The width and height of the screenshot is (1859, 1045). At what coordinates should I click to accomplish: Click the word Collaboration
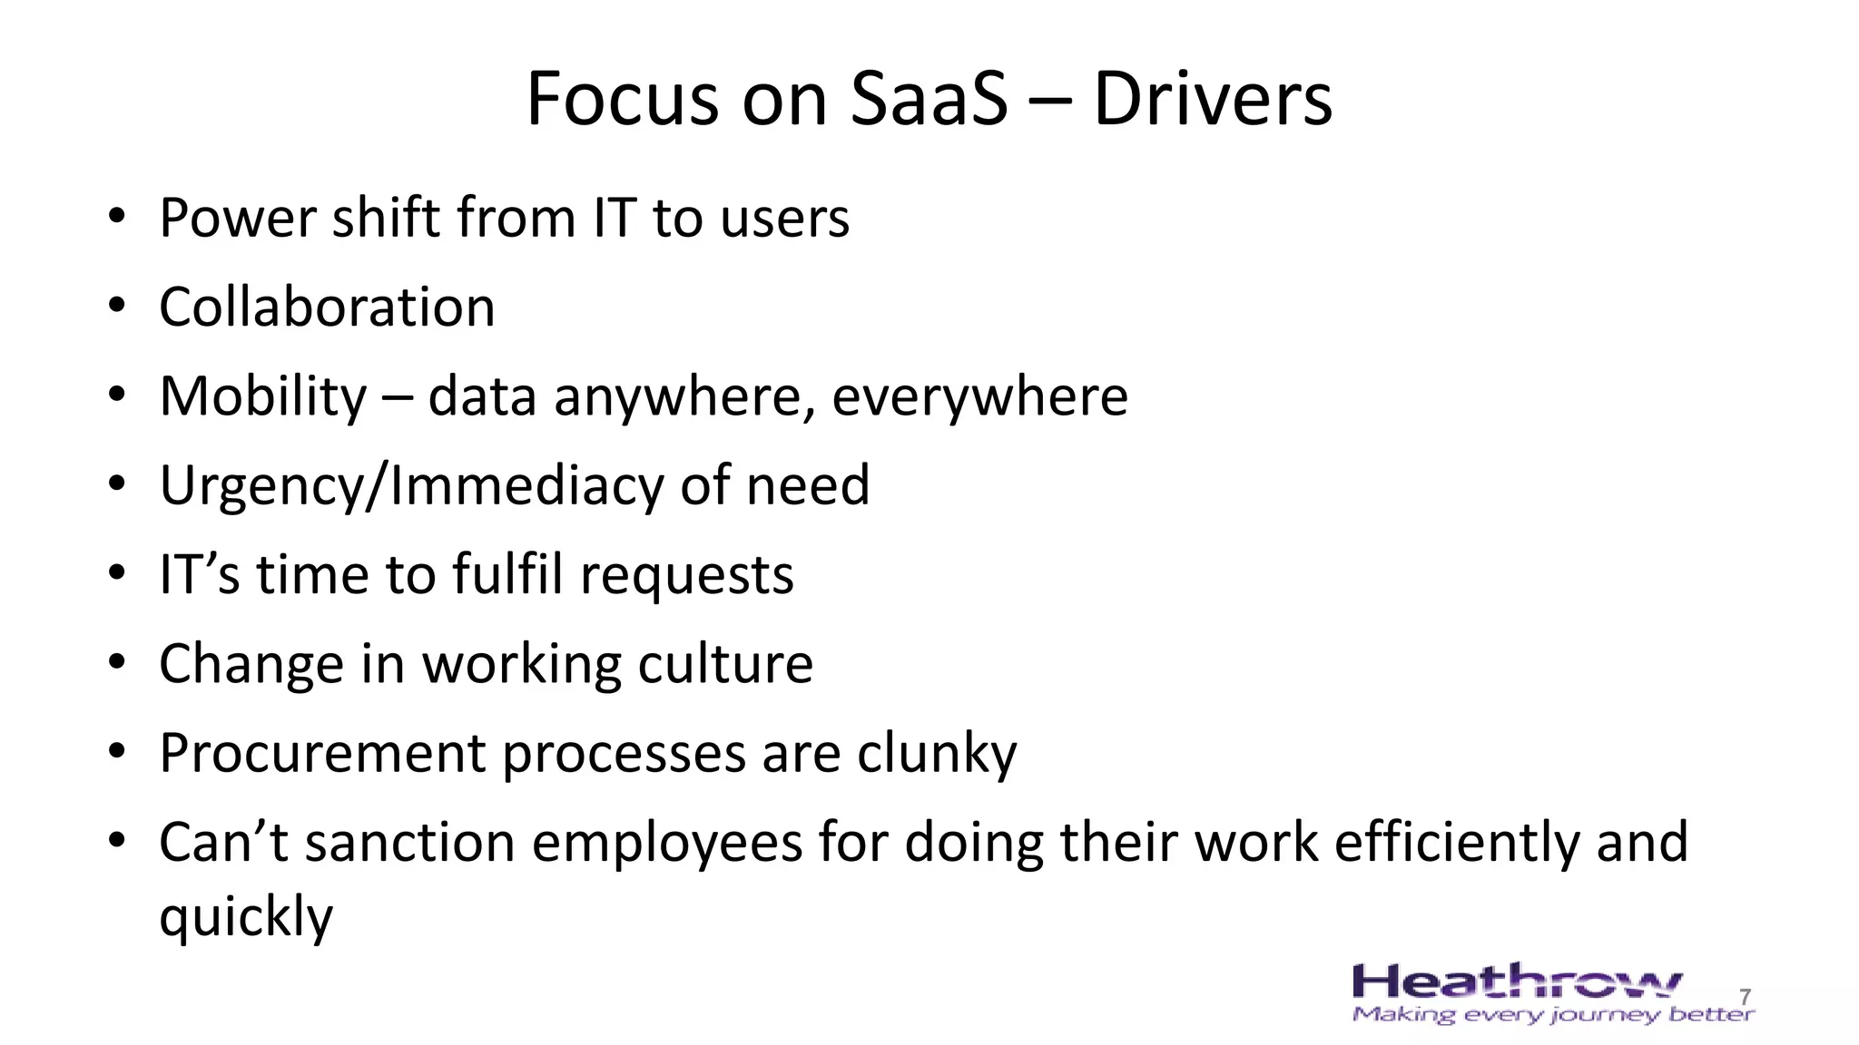327,307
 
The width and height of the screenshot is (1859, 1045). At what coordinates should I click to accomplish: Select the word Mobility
262,396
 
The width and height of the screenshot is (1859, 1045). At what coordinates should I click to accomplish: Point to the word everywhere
979,396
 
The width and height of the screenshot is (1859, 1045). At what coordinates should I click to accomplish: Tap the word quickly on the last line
246,916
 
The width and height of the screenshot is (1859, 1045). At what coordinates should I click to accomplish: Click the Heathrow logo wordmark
1516,983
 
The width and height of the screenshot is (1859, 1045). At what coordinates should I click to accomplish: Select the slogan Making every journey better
1552,1014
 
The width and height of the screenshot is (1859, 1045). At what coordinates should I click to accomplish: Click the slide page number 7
1745,997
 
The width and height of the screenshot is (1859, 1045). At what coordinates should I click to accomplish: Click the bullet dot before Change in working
116,663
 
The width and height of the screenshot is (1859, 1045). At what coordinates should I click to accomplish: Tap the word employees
666,842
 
